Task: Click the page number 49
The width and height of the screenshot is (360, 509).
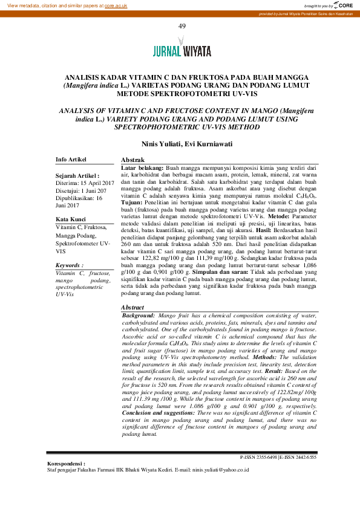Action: [x=181, y=27]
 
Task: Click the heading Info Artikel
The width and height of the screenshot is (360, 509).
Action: [x=71, y=159]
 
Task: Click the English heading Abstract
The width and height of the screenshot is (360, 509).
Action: [x=133, y=308]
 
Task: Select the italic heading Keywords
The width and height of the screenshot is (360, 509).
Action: [x=69, y=265]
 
